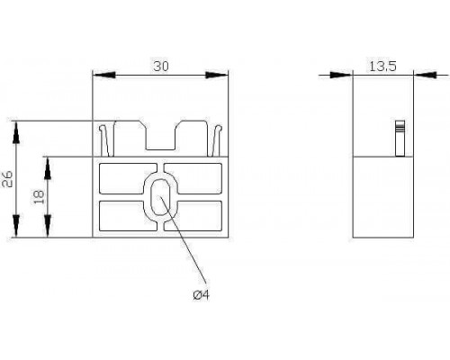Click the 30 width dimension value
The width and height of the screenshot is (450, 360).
(x=161, y=67)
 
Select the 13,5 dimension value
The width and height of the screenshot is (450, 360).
(x=382, y=66)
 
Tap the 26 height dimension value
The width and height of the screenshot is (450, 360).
(x=7, y=179)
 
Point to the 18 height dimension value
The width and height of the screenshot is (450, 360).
(x=39, y=197)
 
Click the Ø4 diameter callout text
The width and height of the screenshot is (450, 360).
(x=201, y=295)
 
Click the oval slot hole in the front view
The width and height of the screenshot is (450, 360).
(x=160, y=197)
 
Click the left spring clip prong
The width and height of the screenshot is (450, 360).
(x=105, y=140)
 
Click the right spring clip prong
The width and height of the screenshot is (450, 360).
(x=217, y=140)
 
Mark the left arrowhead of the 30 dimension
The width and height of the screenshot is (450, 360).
(x=103, y=75)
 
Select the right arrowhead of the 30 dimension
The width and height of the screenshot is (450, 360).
(x=217, y=75)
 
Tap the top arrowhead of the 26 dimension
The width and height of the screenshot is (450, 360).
(x=16, y=132)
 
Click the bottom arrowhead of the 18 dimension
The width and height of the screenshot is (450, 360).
(x=48, y=226)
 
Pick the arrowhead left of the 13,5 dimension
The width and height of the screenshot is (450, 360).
(x=341, y=75)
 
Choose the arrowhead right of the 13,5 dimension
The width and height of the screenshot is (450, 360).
(x=425, y=75)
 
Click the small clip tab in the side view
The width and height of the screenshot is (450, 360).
(x=400, y=139)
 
